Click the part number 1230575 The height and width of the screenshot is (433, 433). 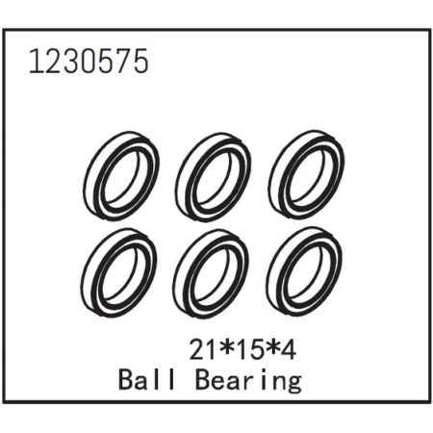(89, 63)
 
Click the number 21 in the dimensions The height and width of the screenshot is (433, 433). (202, 349)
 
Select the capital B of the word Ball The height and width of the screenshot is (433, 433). (127, 380)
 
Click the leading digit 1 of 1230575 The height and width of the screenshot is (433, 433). (36, 63)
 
